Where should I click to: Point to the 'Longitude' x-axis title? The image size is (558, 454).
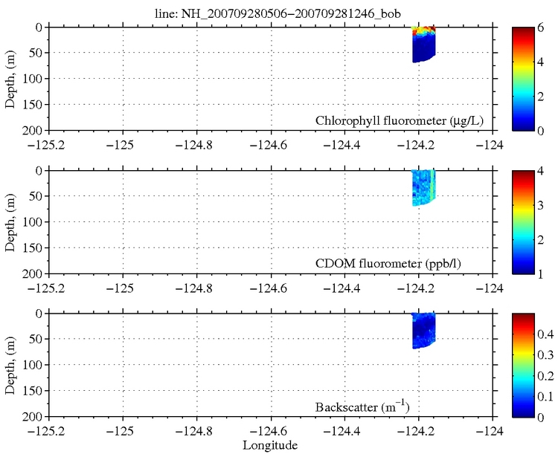[271, 446]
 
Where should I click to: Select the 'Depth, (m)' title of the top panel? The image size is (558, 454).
[10, 79]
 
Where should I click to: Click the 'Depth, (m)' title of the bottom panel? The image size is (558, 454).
[10, 365]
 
